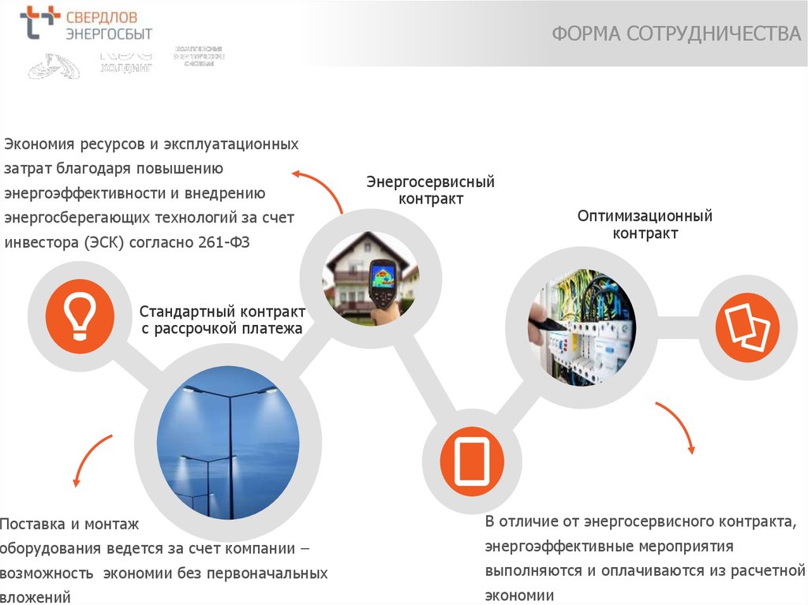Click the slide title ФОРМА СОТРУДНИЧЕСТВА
tap(675, 33)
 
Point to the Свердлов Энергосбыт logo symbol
tap(39, 23)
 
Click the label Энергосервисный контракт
tap(430, 190)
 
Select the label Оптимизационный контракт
tap(645, 225)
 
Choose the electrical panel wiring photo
tap(581, 327)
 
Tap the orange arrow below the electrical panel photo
tap(677, 425)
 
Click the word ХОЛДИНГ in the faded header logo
tap(126, 68)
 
